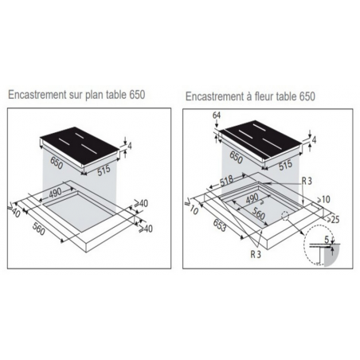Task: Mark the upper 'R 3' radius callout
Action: click(306, 182)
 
